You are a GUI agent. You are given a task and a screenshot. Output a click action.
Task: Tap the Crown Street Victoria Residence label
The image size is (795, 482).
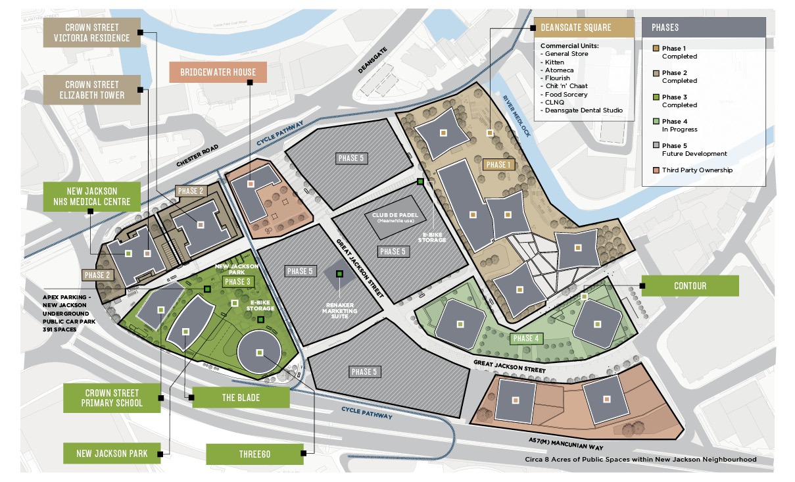click(91, 32)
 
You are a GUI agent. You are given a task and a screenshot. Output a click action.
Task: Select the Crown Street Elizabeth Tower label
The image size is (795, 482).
click(91, 89)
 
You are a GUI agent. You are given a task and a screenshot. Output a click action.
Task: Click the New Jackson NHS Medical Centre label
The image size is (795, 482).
click(92, 196)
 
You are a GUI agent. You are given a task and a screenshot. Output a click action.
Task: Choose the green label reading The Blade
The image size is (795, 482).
click(240, 397)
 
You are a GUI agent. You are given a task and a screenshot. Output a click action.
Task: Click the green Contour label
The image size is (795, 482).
click(690, 286)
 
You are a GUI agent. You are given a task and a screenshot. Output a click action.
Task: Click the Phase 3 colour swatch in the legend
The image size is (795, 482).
click(656, 97)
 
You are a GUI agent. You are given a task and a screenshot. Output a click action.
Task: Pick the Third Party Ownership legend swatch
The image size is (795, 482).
click(656, 170)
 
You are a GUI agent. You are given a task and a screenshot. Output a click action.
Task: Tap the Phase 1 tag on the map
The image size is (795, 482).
click(498, 164)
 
